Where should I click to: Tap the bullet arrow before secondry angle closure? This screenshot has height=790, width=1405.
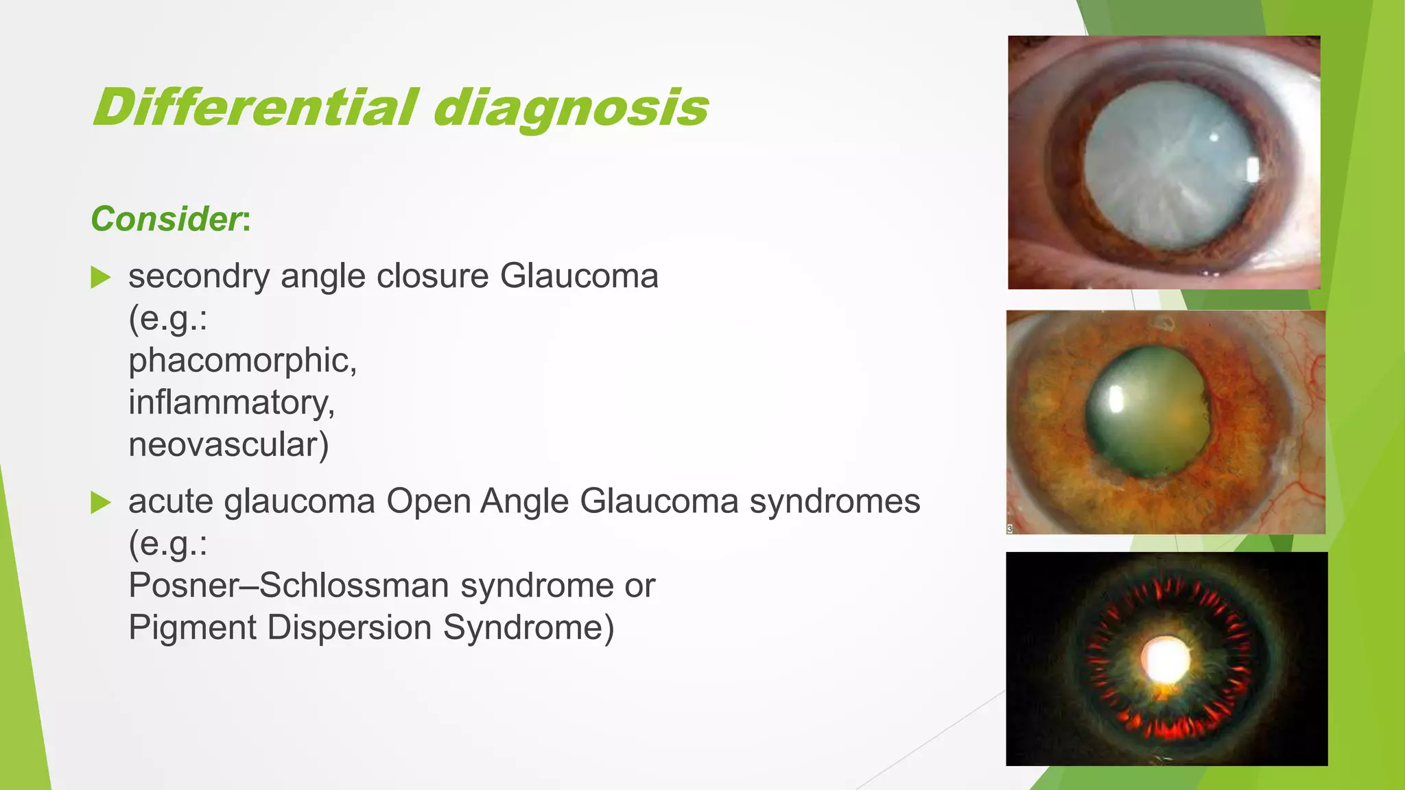[101, 278]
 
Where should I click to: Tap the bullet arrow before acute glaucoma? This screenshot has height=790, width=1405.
[101, 503]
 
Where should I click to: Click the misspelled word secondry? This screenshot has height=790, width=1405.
[198, 276]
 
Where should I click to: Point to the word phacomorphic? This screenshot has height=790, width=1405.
[242, 361]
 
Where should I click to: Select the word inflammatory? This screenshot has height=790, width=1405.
[231, 403]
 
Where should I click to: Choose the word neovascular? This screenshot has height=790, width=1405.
[228, 444]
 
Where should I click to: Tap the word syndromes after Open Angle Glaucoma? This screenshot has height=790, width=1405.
[834, 501]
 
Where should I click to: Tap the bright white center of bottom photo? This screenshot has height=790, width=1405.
[1165, 660]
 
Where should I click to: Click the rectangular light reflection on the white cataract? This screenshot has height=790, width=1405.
[1251, 169]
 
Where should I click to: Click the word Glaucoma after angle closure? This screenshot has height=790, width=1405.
[579, 276]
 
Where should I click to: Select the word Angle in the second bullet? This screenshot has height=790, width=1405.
[524, 501]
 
